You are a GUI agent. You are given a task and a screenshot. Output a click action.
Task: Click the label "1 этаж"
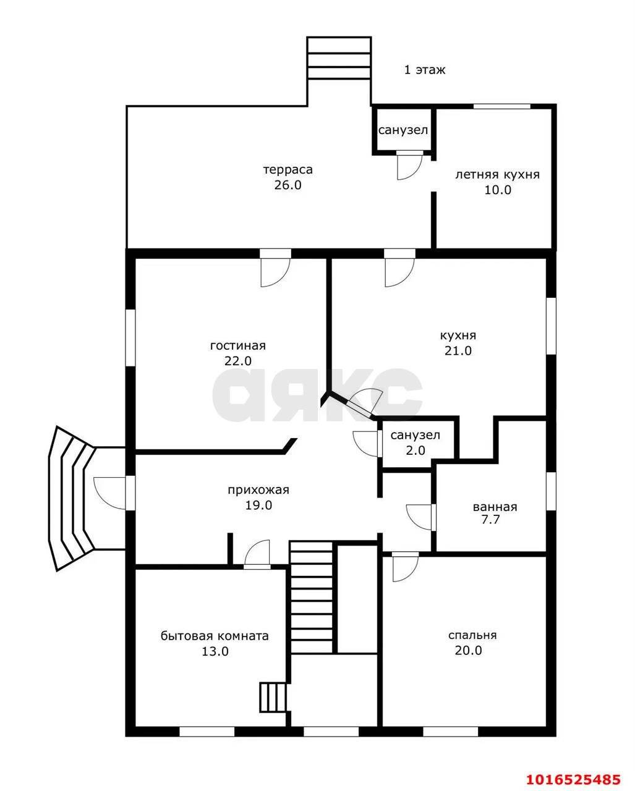425,69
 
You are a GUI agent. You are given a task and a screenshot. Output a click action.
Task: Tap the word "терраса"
288,170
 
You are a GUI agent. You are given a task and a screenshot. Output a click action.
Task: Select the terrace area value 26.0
288,185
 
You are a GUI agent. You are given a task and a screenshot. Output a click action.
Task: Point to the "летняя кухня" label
497,175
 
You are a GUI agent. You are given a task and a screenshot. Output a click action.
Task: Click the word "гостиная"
237,345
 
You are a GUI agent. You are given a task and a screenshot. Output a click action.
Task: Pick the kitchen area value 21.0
458,350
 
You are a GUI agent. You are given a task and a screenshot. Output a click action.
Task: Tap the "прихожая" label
258,490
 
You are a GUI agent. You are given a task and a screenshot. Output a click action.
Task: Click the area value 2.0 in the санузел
416,450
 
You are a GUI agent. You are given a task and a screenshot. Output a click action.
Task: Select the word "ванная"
495,507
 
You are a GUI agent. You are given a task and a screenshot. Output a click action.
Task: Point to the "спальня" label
472,635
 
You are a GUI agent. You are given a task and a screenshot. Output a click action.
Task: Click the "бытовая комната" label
215,636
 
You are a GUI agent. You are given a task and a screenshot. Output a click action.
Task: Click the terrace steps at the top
339,57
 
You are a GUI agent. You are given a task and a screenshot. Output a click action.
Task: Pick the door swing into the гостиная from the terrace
275,273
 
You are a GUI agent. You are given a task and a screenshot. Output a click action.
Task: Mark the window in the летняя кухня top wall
502,106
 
